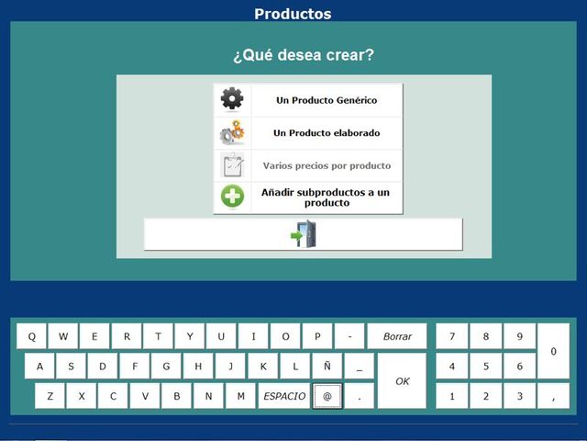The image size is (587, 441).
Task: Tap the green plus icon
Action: pyautogui.click(x=232, y=196)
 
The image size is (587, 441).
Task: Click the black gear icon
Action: pyautogui.click(x=232, y=98)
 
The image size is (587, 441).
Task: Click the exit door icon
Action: pyautogui.click(x=304, y=233)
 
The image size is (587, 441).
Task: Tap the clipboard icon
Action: pyautogui.click(x=232, y=165)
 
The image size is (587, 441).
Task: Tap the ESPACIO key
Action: pyautogui.click(x=284, y=396)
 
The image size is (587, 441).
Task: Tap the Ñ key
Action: pyautogui.click(x=327, y=366)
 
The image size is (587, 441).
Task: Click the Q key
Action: pyautogui.click(x=32, y=336)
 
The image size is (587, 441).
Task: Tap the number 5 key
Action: pyautogui.click(x=486, y=366)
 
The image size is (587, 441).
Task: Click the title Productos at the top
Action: pyautogui.click(x=293, y=14)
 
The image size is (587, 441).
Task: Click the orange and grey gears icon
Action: pyautogui.click(x=232, y=132)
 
